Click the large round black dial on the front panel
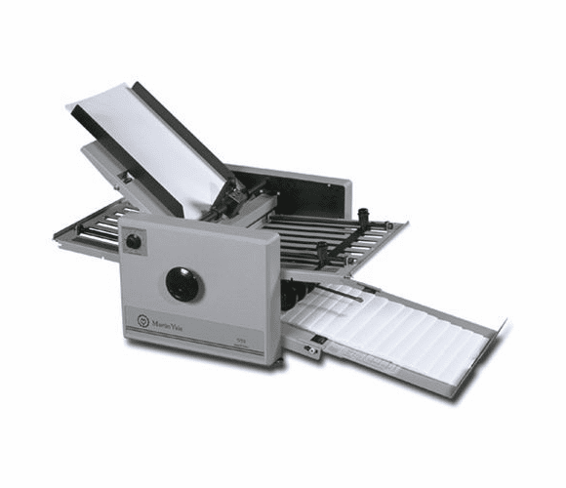(x=184, y=283)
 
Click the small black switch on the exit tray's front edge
(x=314, y=340)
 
